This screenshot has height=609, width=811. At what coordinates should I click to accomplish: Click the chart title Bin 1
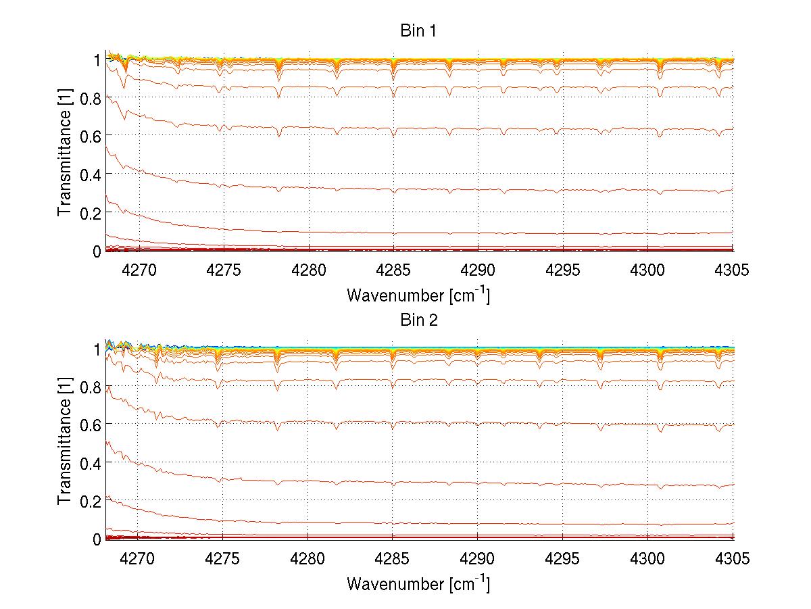click(419, 31)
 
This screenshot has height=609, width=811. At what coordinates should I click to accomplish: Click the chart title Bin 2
click(419, 320)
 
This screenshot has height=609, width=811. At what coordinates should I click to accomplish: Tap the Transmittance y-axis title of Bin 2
click(65, 443)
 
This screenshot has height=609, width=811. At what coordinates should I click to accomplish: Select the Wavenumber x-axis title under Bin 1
click(418, 295)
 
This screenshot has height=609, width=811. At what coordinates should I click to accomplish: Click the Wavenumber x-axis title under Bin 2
click(418, 583)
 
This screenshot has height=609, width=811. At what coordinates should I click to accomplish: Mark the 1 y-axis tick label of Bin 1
click(97, 60)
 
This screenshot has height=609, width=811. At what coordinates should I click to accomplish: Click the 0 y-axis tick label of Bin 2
click(97, 539)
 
